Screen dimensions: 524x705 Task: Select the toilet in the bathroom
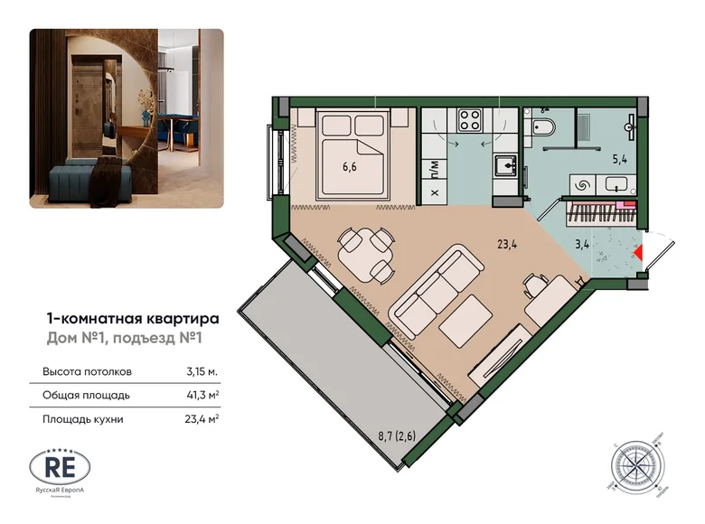[544, 128]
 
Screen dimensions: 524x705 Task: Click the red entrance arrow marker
[639, 253]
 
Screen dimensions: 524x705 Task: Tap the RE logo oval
[61, 466]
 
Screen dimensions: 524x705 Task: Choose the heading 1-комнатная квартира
[132, 318]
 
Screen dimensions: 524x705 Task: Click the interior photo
[127, 118]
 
